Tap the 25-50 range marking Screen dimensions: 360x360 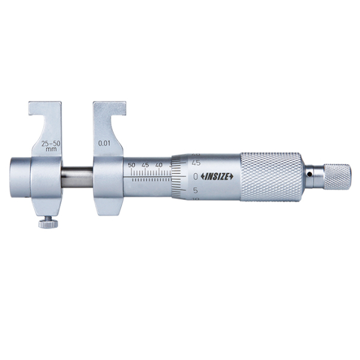(50, 145)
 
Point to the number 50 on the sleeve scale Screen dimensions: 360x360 (132, 164)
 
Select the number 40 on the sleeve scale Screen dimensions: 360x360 (158, 164)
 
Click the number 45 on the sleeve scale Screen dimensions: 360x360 (145, 164)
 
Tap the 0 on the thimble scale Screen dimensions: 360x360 (196, 176)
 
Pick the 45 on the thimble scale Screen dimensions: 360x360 (196, 162)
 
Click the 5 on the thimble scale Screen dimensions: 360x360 (196, 190)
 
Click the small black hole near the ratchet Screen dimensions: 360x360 (309, 175)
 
